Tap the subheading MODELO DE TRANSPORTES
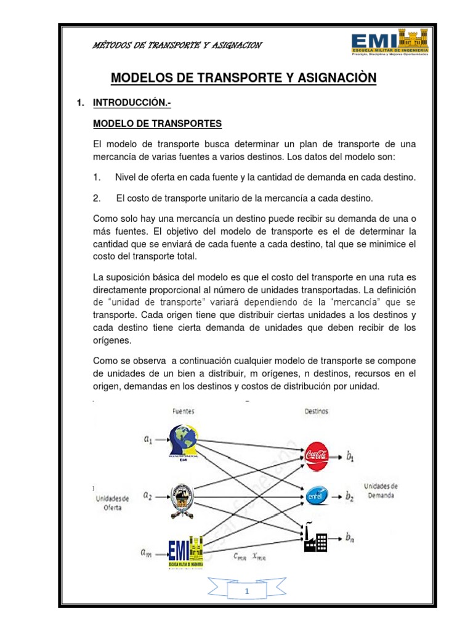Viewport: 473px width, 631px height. [156, 124]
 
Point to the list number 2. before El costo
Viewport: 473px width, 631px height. [97, 198]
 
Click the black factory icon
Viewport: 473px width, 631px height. [315, 537]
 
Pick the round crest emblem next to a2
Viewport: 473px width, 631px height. [182, 496]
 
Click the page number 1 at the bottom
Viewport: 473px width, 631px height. [246, 592]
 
